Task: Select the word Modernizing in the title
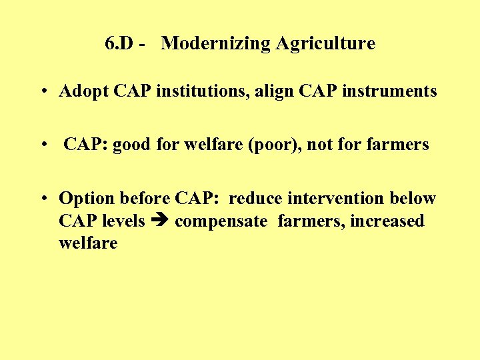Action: pyautogui.click(x=204, y=44)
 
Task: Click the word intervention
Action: pyautogui.click(x=335, y=199)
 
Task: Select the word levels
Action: pyautogui.click(x=123, y=221)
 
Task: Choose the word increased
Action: pyautogui.click(x=389, y=221)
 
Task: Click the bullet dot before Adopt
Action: pyautogui.click(x=42, y=92)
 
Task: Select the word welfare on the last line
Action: pyautogui.click(x=88, y=243)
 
